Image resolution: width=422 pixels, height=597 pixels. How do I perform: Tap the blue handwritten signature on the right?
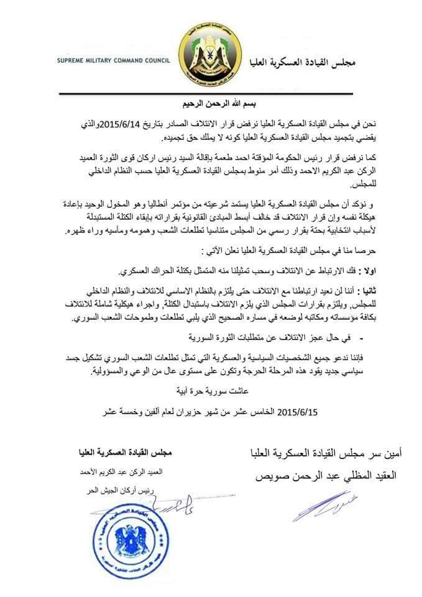pos(317,503)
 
